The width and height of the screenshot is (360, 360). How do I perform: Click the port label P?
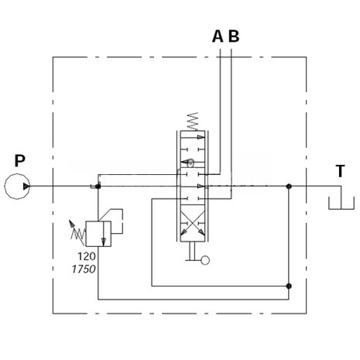point(19,160)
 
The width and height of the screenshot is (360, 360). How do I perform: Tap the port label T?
point(340,171)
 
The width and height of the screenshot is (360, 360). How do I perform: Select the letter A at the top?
point(218,36)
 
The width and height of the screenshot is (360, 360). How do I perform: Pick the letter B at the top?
point(234,36)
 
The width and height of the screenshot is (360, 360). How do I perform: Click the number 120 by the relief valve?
point(87,256)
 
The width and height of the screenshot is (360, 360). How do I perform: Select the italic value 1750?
point(84,269)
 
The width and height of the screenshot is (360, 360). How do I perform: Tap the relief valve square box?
point(98,234)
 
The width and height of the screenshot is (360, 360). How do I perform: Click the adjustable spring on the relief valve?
point(77,233)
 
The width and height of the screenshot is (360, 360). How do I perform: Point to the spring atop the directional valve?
point(193,122)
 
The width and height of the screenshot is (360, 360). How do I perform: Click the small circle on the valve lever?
point(205,260)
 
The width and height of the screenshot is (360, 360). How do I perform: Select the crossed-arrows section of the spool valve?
point(193,223)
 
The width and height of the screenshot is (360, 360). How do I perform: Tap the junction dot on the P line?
point(98,186)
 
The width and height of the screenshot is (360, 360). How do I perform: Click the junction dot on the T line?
point(289,186)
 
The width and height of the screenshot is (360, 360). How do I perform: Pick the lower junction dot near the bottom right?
point(289,286)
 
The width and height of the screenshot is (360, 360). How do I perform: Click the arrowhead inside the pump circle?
point(26,187)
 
